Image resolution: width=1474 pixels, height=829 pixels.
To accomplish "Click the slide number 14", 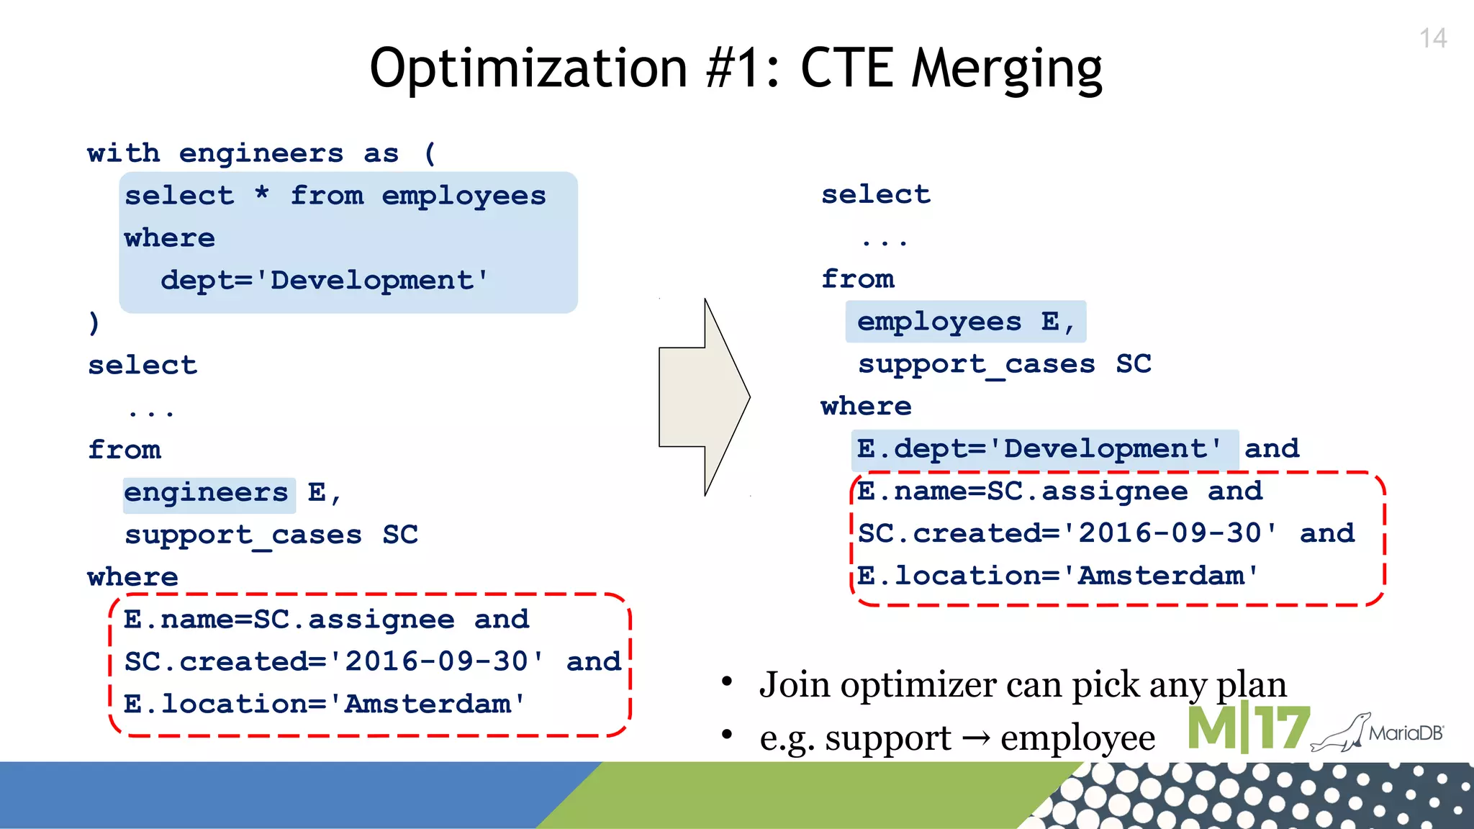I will [x=1432, y=38].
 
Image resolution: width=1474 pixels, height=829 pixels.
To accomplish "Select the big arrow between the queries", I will [x=705, y=397].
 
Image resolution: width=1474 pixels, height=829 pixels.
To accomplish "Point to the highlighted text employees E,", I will [x=964, y=322].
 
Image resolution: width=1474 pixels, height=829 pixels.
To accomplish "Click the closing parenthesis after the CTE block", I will [x=94, y=322].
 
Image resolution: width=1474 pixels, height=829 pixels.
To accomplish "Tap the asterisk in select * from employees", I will [x=262, y=194].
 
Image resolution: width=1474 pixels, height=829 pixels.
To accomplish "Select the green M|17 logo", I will [x=1248, y=728].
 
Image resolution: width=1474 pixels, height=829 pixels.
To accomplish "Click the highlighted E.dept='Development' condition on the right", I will [x=1039, y=450].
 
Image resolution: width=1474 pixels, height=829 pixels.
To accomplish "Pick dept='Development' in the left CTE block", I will [x=324, y=281].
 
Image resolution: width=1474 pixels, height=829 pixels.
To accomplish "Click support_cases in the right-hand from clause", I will [x=976, y=365].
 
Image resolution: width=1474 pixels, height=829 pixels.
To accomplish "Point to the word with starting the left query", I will [x=123, y=153].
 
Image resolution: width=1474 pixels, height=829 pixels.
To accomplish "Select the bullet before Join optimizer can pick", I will [x=727, y=681].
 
